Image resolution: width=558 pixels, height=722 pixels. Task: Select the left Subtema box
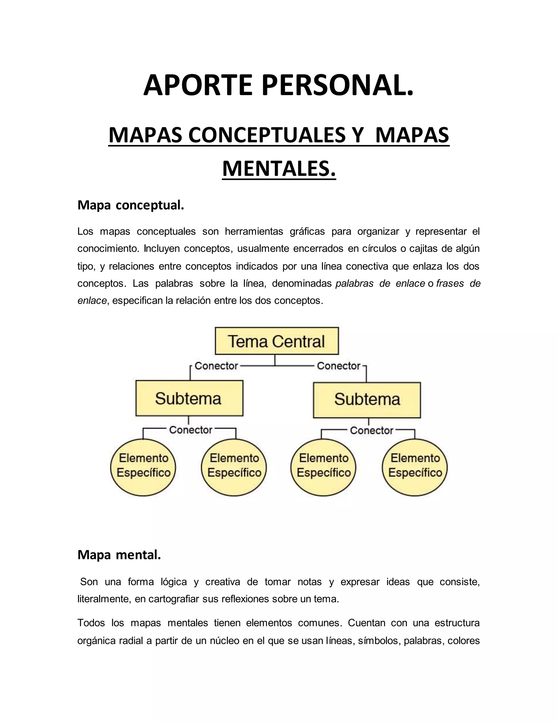pos(189,398)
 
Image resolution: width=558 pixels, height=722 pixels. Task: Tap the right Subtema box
pos(367,399)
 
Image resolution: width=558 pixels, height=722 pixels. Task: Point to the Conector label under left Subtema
pos(190,430)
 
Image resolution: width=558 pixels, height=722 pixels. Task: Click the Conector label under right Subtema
pos(372,430)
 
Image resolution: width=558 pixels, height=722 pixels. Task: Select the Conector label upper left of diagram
pos(216,366)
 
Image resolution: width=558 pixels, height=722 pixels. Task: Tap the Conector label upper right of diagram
pos(338,366)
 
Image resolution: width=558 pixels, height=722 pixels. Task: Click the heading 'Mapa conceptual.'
pos(131,205)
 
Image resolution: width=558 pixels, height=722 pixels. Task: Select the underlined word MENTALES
pos(279,169)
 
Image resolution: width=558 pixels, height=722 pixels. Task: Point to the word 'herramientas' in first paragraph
pos(254,231)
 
